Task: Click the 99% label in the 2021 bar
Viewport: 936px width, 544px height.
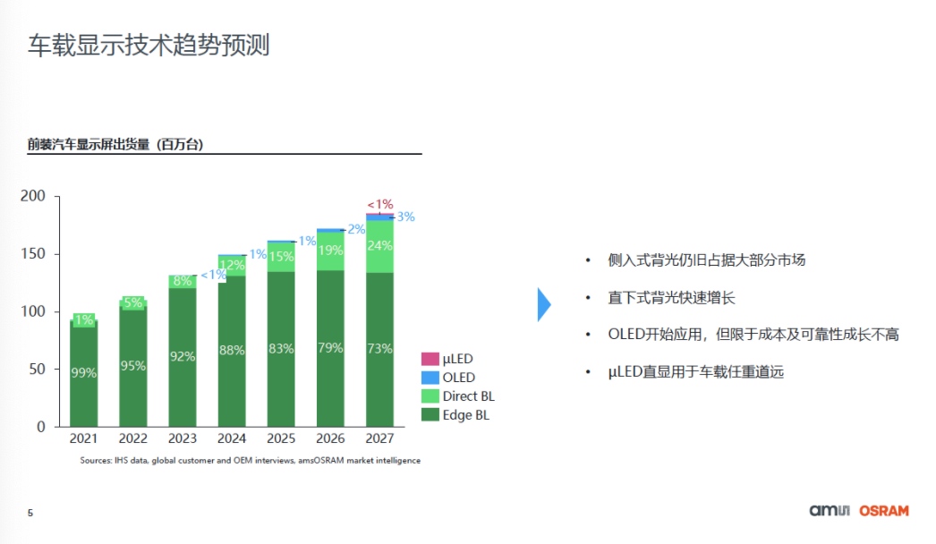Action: tap(84, 373)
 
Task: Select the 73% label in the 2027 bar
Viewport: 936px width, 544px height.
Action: tap(379, 348)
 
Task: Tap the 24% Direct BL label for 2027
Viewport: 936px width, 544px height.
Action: tap(379, 246)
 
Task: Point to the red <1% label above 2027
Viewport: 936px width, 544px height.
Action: tap(379, 204)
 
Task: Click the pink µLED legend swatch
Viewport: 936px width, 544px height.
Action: tap(430, 359)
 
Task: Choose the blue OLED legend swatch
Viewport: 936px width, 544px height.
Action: tap(430, 378)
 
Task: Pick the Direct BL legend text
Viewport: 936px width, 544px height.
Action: tap(468, 396)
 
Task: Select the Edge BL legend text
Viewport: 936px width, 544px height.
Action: tap(465, 415)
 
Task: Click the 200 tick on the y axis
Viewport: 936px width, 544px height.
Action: tap(33, 196)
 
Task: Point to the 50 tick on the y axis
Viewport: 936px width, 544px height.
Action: tap(37, 370)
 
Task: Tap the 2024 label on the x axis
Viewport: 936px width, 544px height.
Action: tap(232, 439)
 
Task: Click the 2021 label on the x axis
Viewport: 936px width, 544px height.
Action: tap(84, 439)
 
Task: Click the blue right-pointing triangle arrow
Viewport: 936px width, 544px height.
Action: tap(543, 304)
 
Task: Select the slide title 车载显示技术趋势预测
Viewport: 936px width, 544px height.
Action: tap(149, 45)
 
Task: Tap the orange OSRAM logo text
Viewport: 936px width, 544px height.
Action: tap(883, 511)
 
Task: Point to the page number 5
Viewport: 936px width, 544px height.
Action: tap(30, 514)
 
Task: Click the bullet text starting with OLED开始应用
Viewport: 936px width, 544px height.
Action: tap(753, 335)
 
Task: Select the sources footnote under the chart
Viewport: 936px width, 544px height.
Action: tap(250, 461)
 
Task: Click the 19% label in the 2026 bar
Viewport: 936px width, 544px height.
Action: tap(330, 251)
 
